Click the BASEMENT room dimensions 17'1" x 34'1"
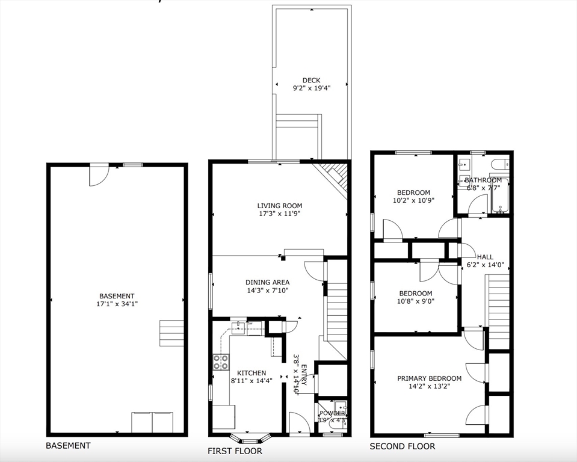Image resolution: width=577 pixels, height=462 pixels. (117, 304)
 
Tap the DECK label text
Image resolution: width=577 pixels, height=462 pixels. (311, 80)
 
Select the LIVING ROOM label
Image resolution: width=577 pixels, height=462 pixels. (280, 205)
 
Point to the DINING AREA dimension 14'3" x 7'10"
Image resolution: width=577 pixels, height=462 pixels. (267, 291)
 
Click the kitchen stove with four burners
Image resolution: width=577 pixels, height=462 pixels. (221, 362)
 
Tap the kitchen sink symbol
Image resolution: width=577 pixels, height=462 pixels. (239, 327)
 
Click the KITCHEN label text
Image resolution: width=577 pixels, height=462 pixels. (251, 373)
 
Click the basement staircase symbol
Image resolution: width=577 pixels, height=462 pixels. (171, 333)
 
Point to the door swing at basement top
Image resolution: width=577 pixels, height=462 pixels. (98, 175)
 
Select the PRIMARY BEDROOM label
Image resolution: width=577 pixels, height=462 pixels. (429, 378)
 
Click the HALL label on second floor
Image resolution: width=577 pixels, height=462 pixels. (485, 256)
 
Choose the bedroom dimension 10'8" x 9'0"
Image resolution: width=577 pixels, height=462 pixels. (416, 302)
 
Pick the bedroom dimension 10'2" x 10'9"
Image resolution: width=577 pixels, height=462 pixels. (413, 200)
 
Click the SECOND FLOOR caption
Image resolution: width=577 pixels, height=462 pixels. (402, 446)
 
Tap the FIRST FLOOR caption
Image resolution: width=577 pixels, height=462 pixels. (235, 451)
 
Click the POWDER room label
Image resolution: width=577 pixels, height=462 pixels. (332, 413)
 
